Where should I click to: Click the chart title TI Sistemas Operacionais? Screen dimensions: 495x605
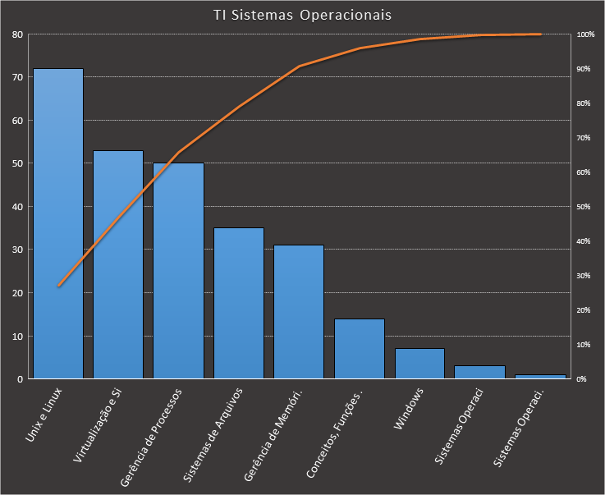[x=302, y=15]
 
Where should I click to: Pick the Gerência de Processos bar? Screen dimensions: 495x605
[x=178, y=271]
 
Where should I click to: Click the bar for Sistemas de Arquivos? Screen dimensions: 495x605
[x=239, y=303]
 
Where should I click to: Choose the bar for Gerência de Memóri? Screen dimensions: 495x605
[x=299, y=312]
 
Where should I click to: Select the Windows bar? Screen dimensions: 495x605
[x=419, y=364]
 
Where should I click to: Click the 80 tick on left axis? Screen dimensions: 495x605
[x=17, y=34]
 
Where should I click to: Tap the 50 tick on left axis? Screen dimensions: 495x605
[x=17, y=163]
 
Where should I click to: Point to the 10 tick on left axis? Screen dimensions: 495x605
[x=17, y=336]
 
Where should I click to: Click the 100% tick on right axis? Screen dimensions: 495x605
[x=585, y=34]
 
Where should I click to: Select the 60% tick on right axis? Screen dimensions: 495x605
[x=585, y=172]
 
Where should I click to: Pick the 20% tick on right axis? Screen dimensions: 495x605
[x=585, y=310]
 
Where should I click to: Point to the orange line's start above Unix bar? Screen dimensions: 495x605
[x=58, y=286]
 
